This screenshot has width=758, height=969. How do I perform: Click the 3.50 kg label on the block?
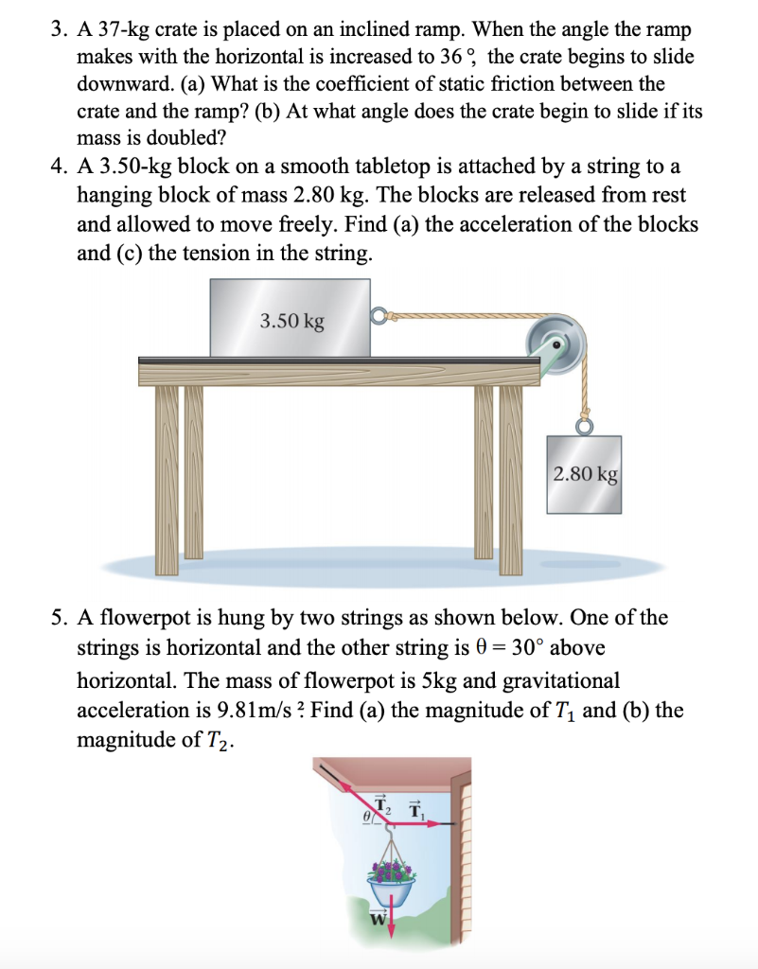tap(291, 321)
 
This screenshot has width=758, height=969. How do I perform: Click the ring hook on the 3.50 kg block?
tap(379, 316)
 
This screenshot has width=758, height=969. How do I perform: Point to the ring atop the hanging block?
tap(584, 427)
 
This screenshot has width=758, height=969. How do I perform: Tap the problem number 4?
tap(57, 167)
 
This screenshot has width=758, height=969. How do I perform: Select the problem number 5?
tap(57, 618)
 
